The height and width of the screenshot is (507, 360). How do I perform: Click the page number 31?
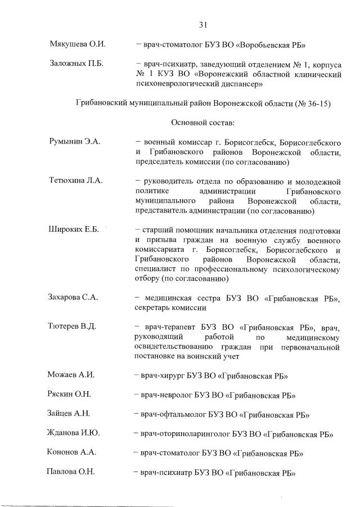204,24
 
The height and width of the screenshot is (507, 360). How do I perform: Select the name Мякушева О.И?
78,44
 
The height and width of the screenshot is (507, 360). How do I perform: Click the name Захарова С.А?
74,298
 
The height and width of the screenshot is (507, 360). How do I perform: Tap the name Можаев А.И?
71,375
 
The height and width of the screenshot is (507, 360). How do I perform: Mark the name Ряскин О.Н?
70,395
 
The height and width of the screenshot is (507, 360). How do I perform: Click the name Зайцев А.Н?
69,414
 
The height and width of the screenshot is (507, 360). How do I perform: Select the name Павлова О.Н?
70,472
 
